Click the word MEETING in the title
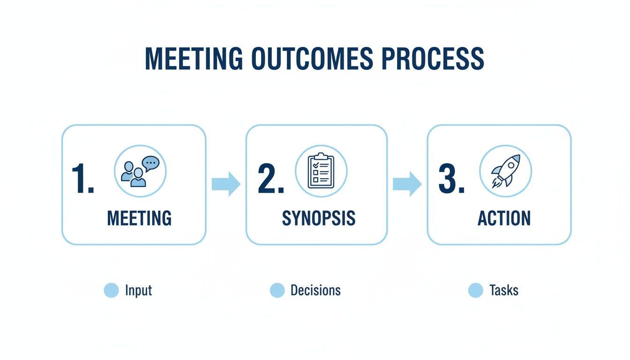coord(194,59)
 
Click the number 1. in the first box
coord(83,180)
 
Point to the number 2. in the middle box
coord(271,180)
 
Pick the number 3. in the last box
coord(451,180)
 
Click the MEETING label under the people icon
coord(139,218)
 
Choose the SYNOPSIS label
coord(319,218)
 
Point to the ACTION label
coord(504,218)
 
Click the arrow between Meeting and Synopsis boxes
coord(226,184)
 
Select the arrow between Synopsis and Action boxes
coord(407,184)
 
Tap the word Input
coord(139,291)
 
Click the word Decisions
coord(315,291)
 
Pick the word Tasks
coord(504,291)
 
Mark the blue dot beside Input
coord(111,291)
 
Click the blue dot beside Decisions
coord(277,291)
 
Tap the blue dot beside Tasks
coord(475,291)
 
